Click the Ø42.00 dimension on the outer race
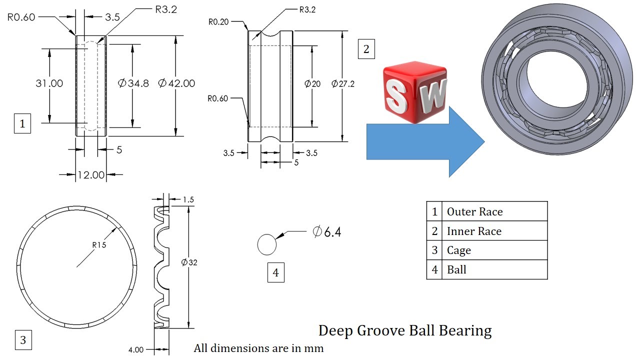[x=176, y=83]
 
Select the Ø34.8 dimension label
[x=133, y=83]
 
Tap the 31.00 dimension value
[x=49, y=83]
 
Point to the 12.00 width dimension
[x=91, y=175]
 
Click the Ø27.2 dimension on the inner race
[x=343, y=83]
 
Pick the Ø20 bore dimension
[x=312, y=83]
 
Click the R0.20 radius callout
[x=218, y=22]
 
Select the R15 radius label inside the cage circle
[x=99, y=245]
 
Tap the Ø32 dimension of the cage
[x=189, y=262]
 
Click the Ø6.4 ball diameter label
[x=327, y=231]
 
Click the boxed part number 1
[x=22, y=123]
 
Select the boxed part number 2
[x=366, y=49]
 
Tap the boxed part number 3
[x=23, y=340]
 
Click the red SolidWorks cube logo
[x=415, y=92]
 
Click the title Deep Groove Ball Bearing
[x=405, y=331]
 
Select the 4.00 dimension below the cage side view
[x=136, y=349]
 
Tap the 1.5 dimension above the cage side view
[x=188, y=199]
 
